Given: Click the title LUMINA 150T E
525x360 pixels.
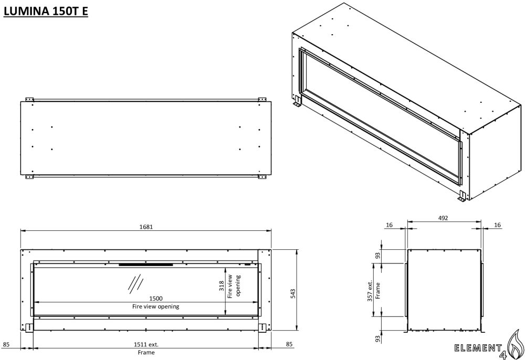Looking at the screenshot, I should [46, 11].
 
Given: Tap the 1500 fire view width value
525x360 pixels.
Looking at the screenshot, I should [156, 299].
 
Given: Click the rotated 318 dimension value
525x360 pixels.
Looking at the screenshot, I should [222, 286].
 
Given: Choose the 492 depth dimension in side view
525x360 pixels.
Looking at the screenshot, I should [443, 218].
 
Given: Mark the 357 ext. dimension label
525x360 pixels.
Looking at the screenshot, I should [370, 290].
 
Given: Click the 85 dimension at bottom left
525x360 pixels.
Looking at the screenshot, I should [6, 345].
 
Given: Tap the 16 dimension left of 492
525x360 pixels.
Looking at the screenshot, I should [388, 225].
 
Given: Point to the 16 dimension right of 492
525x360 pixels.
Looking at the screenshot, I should [497, 225].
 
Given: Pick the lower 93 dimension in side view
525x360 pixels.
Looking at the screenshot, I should [377, 339].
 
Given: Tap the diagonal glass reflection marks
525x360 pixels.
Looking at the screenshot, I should [135, 283].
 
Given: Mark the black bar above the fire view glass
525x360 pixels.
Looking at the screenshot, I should [145, 264].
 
